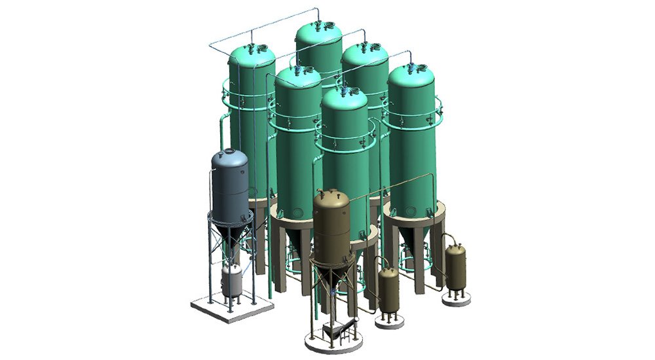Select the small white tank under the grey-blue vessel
click(231, 279)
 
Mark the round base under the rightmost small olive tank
click(456, 300)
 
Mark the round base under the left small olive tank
click(388, 321)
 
